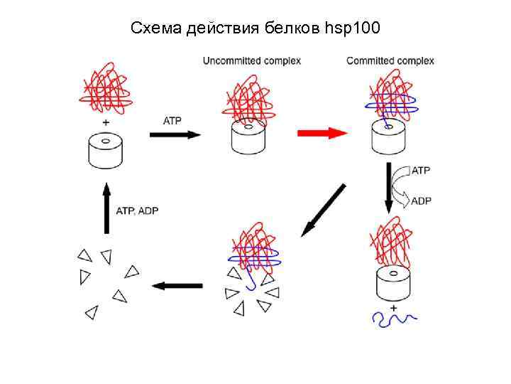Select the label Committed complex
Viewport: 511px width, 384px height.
pyautogui.click(x=390, y=60)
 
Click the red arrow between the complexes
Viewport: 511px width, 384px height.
pyautogui.click(x=322, y=133)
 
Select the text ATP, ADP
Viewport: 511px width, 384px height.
pyautogui.click(x=138, y=210)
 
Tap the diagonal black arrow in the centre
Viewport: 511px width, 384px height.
pyautogui.click(x=323, y=210)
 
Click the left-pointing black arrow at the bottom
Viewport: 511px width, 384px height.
pyautogui.click(x=177, y=286)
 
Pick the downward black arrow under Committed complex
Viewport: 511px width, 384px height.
pyautogui.click(x=389, y=187)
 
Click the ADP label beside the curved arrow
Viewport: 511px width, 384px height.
pyautogui.click(x=421, y=201)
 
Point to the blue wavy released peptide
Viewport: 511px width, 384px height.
pyautogui.click(x=395, y=321)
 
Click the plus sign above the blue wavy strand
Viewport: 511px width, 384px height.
pyautogui.click(x=392, y=307)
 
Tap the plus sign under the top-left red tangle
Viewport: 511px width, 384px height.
pyautogui.click(x=106, y=122)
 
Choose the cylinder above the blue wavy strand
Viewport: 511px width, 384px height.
pyautogui.click(x=392, y=284)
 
